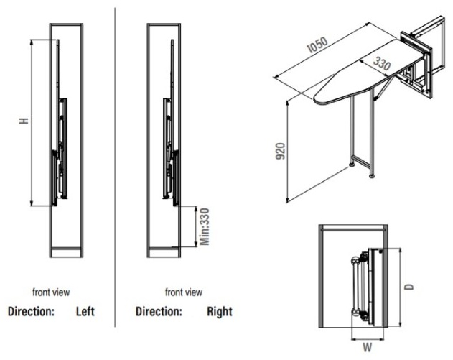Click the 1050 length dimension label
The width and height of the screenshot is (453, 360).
[x=317, y=45]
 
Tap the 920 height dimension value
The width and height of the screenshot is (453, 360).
[x=280, y=151]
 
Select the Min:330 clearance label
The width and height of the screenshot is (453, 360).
[x=205, y=227]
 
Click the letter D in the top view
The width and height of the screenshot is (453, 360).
[x=408, y=287]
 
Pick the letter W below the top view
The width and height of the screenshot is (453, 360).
[x=367, y=347]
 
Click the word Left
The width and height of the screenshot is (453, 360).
[x=85, y=311]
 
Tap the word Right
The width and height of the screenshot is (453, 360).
[x=220, y=312]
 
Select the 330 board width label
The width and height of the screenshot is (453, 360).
[x=382, y=64]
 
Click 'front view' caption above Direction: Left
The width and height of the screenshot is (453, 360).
[x=51, y=292]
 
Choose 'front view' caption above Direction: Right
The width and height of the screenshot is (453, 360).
[x=184, y=292]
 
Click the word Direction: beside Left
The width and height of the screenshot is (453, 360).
[x=31, y=312]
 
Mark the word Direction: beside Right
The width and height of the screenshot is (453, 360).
[x=159, y=312]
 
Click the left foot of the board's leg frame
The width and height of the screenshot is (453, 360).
[x=352, y=165]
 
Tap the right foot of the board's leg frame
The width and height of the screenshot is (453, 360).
[x=372, y=175]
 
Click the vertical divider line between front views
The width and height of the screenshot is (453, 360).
[x=115, y=167]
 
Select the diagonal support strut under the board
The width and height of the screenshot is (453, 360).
[x=385, y=86]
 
